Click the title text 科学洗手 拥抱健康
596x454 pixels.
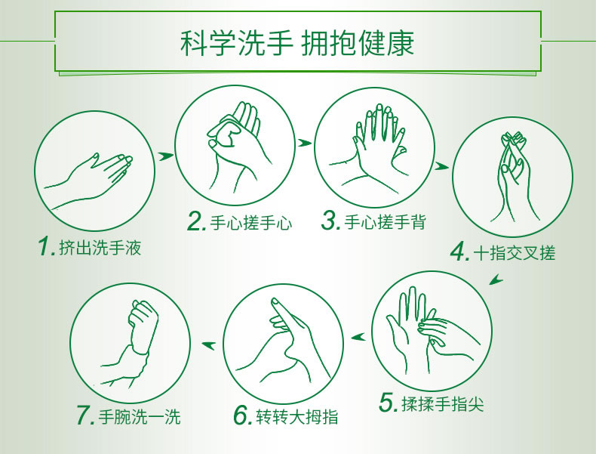tap(297, 43)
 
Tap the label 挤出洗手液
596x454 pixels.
tap(100, 248)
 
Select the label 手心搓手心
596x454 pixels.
tap(251, 222)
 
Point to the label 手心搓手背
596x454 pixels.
tap(385, 221)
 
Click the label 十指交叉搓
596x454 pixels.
tap(515, 253)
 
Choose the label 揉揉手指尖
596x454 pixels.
tap(443, 404)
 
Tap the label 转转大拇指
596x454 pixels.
tap(297, 416)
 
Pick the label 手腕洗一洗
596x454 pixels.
tap(140, 416)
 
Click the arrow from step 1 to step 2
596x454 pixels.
tap(166, 156)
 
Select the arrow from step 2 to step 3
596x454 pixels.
tap(305, 143)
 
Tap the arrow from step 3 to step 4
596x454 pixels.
tap(441, 166)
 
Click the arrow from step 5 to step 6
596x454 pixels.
tap(358, 337)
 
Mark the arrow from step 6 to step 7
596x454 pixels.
tap(209, 345)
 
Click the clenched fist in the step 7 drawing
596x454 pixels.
tap(143, 323)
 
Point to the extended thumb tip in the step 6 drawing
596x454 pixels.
tap(275, 301)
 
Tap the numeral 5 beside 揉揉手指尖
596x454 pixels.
tap(389, 402)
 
